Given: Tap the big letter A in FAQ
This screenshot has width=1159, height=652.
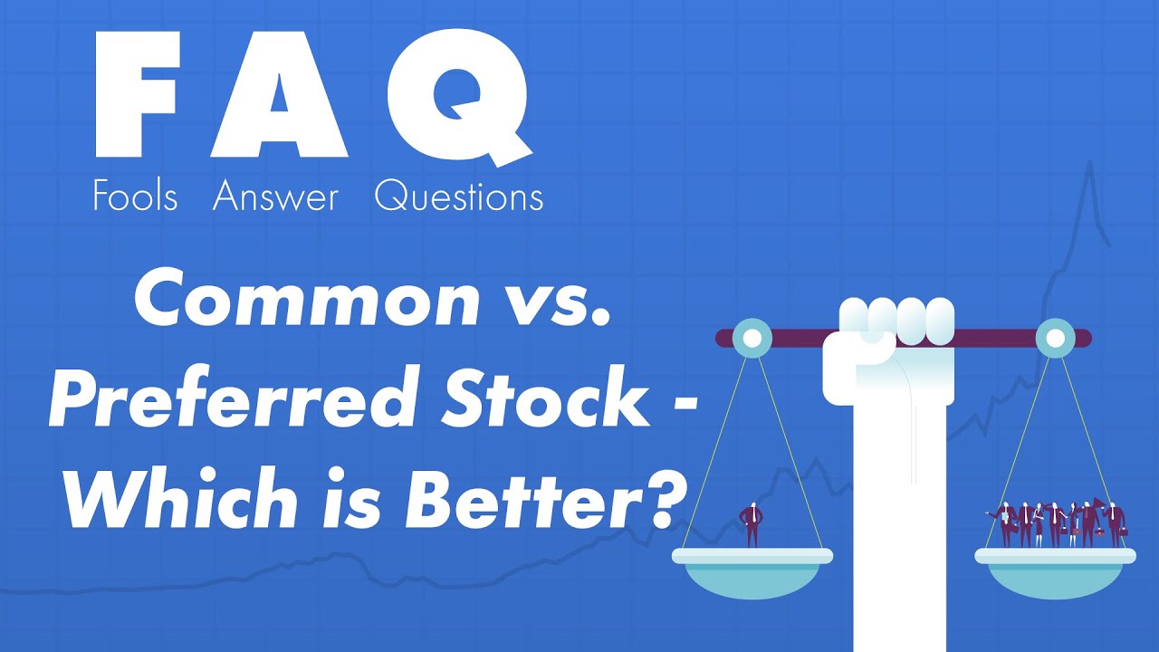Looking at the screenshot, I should (279, 95).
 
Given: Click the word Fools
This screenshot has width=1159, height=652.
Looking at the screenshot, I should (135, 197).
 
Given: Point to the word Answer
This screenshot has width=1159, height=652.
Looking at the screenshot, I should (275, 197).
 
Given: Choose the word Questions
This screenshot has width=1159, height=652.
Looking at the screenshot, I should (459, 197).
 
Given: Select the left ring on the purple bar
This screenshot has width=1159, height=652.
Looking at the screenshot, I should (751, 339).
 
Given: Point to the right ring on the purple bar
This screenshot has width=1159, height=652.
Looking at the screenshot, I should (1055, 339).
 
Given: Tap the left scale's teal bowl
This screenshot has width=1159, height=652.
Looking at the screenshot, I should (752, 578).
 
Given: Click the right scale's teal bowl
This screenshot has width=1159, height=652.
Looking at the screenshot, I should (1054, 578).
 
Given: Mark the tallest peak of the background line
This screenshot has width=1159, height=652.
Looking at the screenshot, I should (1090, 164).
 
